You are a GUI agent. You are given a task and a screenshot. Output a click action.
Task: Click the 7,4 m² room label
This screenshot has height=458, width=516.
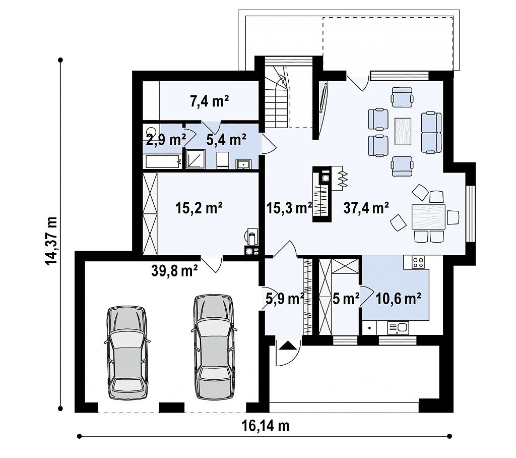pyautogui.click(x=209, y=101)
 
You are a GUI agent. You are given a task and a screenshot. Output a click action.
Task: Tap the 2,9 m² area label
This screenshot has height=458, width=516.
pyautogui.click(x=166, y=140)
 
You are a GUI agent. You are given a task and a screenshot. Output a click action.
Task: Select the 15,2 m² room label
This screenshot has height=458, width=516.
pyautogui.click(x=199, y=208)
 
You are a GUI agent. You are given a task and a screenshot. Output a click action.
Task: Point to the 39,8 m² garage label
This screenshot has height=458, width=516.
pyautogui.click(x=174, y=270)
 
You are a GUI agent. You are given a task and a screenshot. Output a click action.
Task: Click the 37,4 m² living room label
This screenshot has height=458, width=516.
pyautogui.click(x=366, y=208)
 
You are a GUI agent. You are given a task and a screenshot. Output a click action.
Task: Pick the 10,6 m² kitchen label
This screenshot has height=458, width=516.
pyautogui.click(x=398, y=299)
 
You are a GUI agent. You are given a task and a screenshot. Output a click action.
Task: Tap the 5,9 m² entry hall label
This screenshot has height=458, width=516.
pyautogui.click(x=285, y=299)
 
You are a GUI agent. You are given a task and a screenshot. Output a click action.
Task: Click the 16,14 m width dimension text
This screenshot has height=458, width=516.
pyautogui.click(x=266, y=426)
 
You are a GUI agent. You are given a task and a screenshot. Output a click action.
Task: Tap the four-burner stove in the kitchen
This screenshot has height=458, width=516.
pyautogui.click(x=418, y=262)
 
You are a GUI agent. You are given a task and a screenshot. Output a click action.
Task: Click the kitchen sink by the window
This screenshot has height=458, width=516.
pyautogui.click(x=398, y=328)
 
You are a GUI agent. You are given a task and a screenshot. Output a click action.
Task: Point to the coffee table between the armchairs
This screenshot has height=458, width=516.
pyautogui.click(x=403, y=131)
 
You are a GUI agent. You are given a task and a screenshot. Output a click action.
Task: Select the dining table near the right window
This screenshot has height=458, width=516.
pyautogui.click(x=428, y=217)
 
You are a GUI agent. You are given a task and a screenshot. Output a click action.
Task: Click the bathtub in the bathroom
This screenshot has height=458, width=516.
pyautogui.click(x=163, y=161)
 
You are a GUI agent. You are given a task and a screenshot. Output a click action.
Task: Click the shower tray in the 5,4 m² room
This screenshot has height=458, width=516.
pyautogui.click(x=196, y=159)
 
